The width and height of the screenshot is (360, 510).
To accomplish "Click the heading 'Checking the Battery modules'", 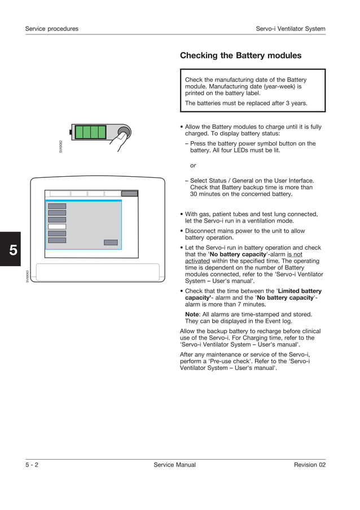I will tap(240, 55).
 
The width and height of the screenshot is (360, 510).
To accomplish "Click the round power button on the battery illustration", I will tap(121, 133).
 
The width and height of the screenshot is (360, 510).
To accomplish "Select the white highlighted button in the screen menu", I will tap(57, 226).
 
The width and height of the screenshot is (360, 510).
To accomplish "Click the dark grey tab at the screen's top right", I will tap(129, 193).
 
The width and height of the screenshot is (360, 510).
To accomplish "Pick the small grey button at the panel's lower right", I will tap(111, 242).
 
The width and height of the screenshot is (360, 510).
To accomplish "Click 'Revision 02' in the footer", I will tap(309, 465).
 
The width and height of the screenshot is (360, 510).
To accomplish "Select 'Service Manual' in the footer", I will tap(174, 465).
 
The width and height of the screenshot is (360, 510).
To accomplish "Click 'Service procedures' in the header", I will tap(52, 29).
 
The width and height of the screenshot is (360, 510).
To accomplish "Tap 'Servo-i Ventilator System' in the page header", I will tap(290, 29).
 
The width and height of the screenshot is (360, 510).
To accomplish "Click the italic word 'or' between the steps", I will tap(193, 165).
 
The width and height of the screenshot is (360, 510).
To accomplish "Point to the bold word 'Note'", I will tap(193, 314).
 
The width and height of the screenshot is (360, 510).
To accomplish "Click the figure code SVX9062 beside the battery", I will tap(61, 146).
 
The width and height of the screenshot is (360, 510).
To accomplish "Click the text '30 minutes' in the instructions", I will tap(205, 194).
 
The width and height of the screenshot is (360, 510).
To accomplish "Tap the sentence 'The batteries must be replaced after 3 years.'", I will tap(246, 103).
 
